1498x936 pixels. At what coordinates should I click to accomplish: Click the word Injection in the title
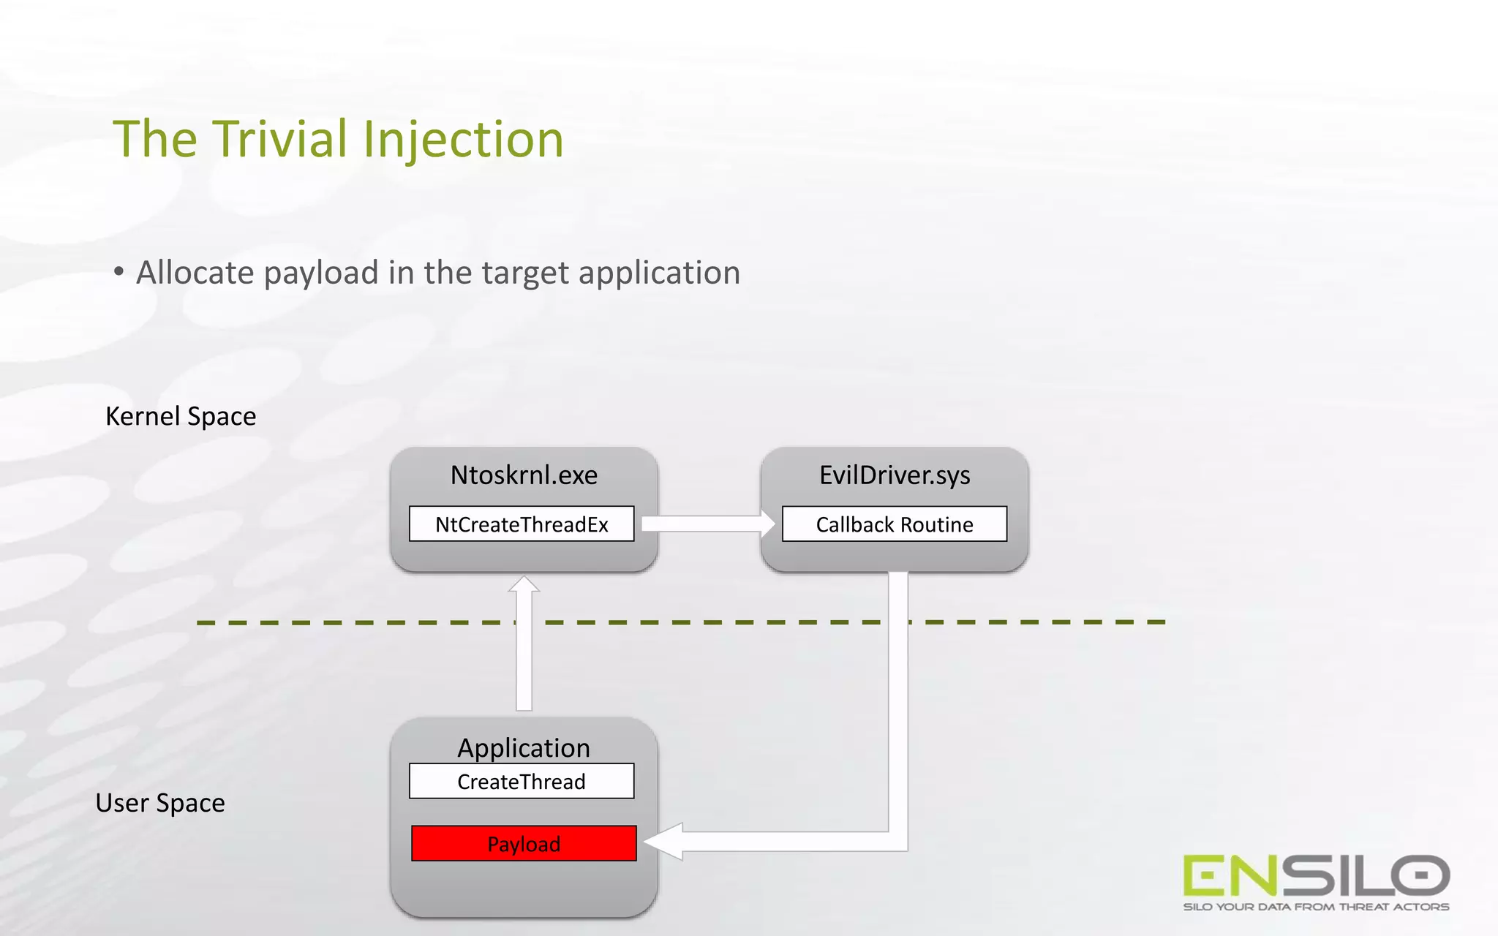click(463, 140)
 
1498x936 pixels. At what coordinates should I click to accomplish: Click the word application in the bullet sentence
click(659, 273)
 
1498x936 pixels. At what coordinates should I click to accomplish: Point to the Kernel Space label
click(181, 416)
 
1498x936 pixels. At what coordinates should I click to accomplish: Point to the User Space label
click(160, 803)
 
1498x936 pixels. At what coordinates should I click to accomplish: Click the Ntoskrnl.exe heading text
click(524, 475)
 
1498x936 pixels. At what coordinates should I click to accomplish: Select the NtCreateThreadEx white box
click(522, 524)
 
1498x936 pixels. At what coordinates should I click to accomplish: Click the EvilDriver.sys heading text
click(895, 475)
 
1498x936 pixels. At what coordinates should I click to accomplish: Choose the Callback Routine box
click(895, 524)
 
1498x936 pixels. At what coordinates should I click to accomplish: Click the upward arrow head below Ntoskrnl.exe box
click(524, 585)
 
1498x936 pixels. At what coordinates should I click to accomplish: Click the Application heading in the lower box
click(524, 747)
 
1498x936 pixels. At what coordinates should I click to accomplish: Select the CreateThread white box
click(522, 782)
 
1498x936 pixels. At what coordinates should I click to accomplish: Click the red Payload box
click(524, 844)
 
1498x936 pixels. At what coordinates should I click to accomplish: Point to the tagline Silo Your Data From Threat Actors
click(1316, 907)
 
